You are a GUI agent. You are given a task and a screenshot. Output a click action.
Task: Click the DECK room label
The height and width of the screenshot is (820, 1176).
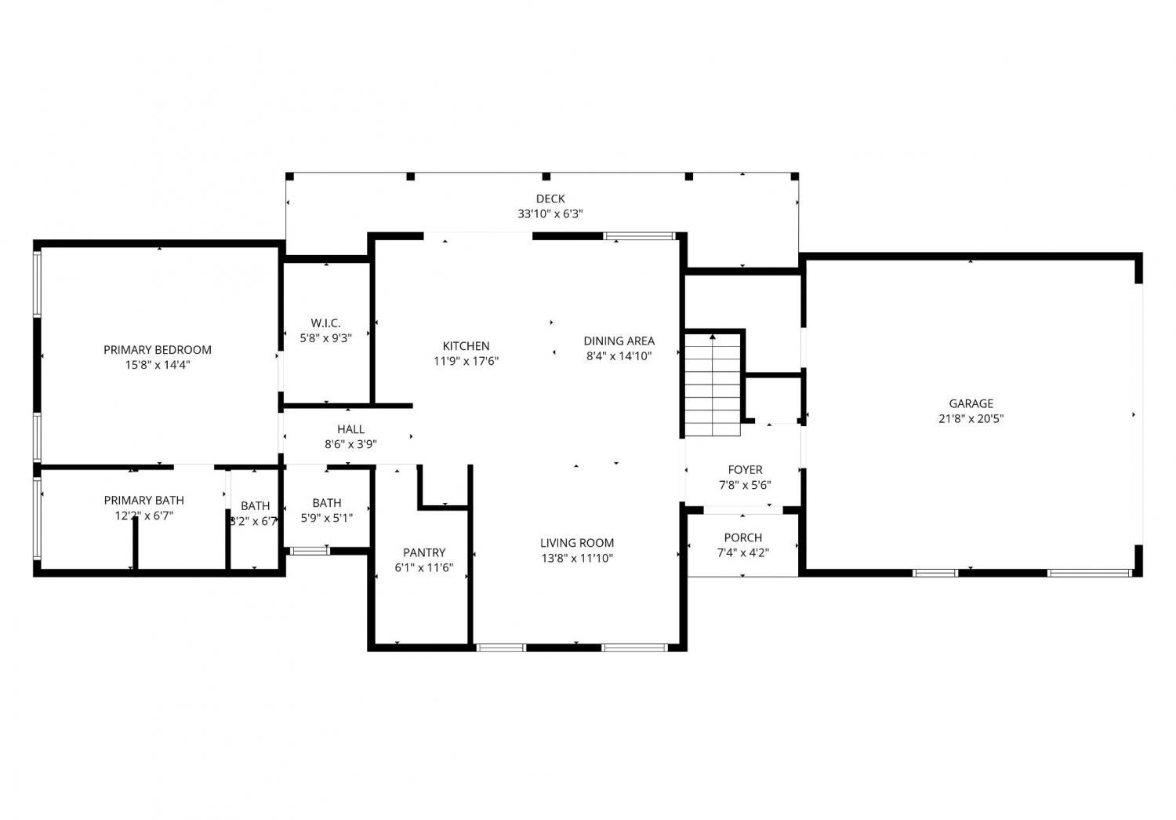point(550,199)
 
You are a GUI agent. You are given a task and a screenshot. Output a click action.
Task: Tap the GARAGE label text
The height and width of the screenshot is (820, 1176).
point(971,403)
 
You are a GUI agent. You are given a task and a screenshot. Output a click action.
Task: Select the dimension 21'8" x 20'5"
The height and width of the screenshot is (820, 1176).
point(971,419)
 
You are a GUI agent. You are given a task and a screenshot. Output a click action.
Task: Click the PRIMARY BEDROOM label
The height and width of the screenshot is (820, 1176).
point(158,350)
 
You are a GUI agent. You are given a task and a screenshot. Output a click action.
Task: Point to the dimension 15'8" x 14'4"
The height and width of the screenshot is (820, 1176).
point(158,365)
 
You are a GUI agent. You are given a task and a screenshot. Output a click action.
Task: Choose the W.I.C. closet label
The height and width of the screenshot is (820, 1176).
point(325,323)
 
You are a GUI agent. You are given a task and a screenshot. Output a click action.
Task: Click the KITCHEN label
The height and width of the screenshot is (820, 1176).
point(466,346)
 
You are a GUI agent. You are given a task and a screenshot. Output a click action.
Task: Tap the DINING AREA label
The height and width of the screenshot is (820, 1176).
point(619,341)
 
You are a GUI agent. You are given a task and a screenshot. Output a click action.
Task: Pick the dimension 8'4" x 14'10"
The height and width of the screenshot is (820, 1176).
point(619,356)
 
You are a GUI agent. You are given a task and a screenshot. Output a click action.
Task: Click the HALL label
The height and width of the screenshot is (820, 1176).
point(350,429)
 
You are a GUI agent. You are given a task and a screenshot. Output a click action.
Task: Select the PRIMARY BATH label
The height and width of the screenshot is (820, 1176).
point(143,500)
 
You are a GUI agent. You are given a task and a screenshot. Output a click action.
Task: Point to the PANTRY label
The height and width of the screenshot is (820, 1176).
point(424,552)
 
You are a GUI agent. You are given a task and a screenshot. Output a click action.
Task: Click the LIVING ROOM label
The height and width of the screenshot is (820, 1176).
point(577,543)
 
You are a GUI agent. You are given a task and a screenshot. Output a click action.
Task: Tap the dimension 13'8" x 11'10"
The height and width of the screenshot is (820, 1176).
point(577,558)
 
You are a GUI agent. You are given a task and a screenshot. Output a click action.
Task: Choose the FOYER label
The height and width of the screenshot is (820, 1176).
point(745,469)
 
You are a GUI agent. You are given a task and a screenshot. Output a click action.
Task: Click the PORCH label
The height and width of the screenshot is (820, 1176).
point(743,538)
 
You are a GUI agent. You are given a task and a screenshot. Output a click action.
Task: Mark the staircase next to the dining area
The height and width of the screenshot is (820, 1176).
point(713,384)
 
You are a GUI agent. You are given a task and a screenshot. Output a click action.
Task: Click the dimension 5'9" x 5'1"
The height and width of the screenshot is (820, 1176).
point(327,518)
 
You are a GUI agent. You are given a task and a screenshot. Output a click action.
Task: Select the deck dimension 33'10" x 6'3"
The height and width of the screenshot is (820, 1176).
point(550,213)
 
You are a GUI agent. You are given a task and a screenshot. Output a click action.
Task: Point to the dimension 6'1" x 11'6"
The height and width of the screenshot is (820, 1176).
point(424,567)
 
